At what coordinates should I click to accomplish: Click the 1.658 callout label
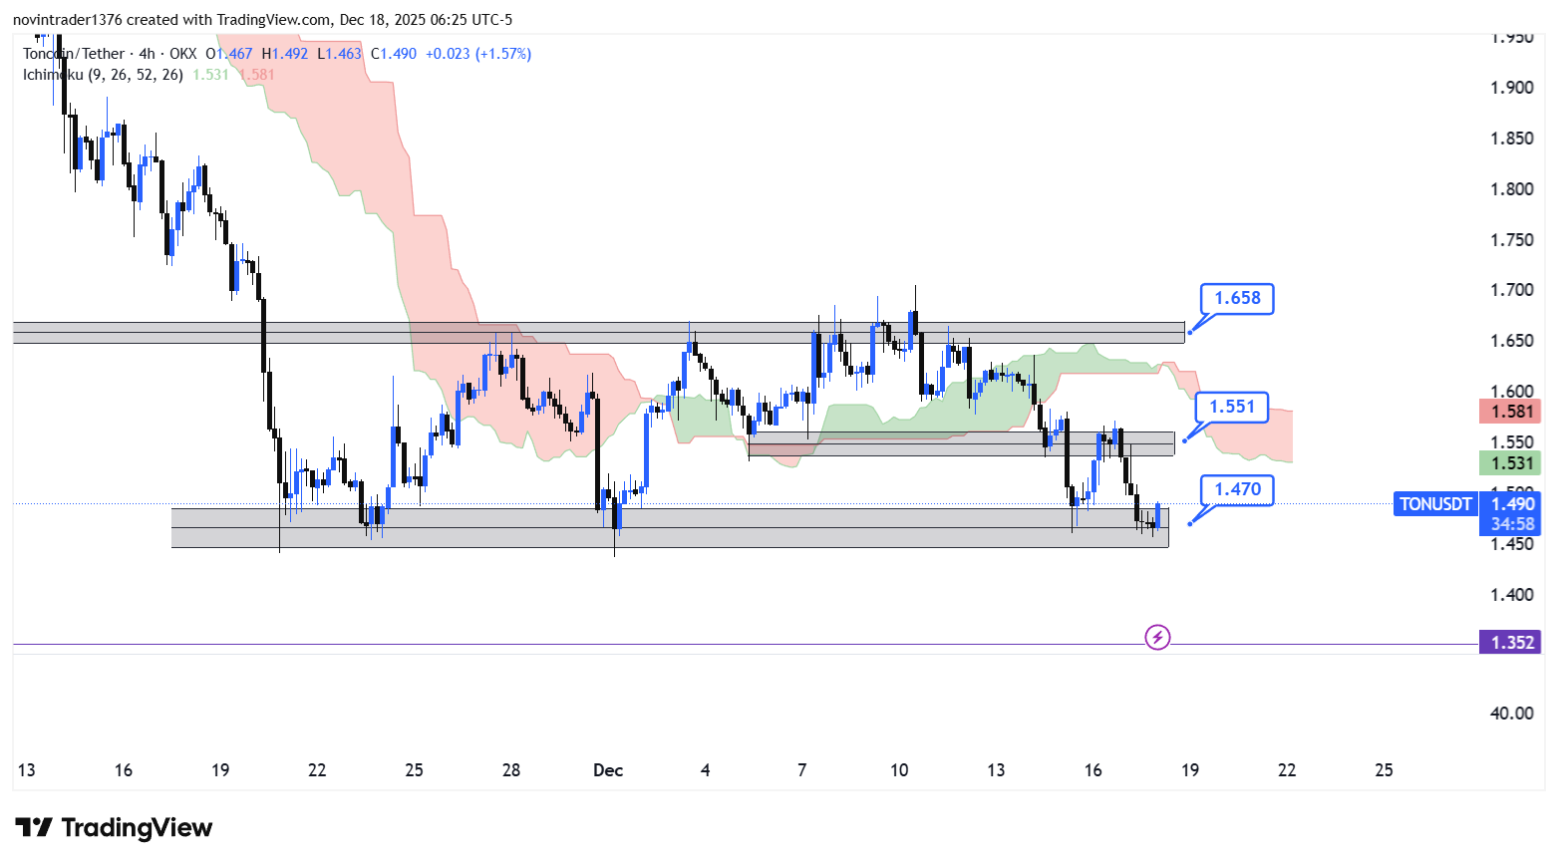pos(1237,298)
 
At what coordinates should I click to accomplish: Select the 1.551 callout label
pos(1232,407)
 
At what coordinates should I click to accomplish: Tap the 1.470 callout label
pos(1237,489)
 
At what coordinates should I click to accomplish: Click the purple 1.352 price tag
pos(1511,642)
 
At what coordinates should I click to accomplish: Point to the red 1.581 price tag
pos(1511,411)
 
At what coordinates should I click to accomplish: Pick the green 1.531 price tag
pos(1511,462)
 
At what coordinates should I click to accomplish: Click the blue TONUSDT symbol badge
pos(1434,503)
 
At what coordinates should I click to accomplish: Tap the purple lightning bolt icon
pos(1157,637)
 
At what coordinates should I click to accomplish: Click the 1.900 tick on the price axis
pos(1511,88)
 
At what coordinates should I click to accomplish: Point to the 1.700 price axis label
pos(1511,290)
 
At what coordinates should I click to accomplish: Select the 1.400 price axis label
pos(1511,595)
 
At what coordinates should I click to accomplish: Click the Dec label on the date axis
pos(608,770)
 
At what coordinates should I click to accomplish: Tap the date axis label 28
pos(511,770)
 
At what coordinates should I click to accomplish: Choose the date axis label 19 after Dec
pos(1190,770)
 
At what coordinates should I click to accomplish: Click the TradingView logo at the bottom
pos(115,828)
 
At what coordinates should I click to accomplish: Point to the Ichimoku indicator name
pos(54,75)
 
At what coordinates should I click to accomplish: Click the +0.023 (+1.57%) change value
pos(478,54)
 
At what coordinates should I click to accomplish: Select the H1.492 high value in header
pos(285,54)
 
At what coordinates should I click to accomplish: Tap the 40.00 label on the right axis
pos(1511,713)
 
